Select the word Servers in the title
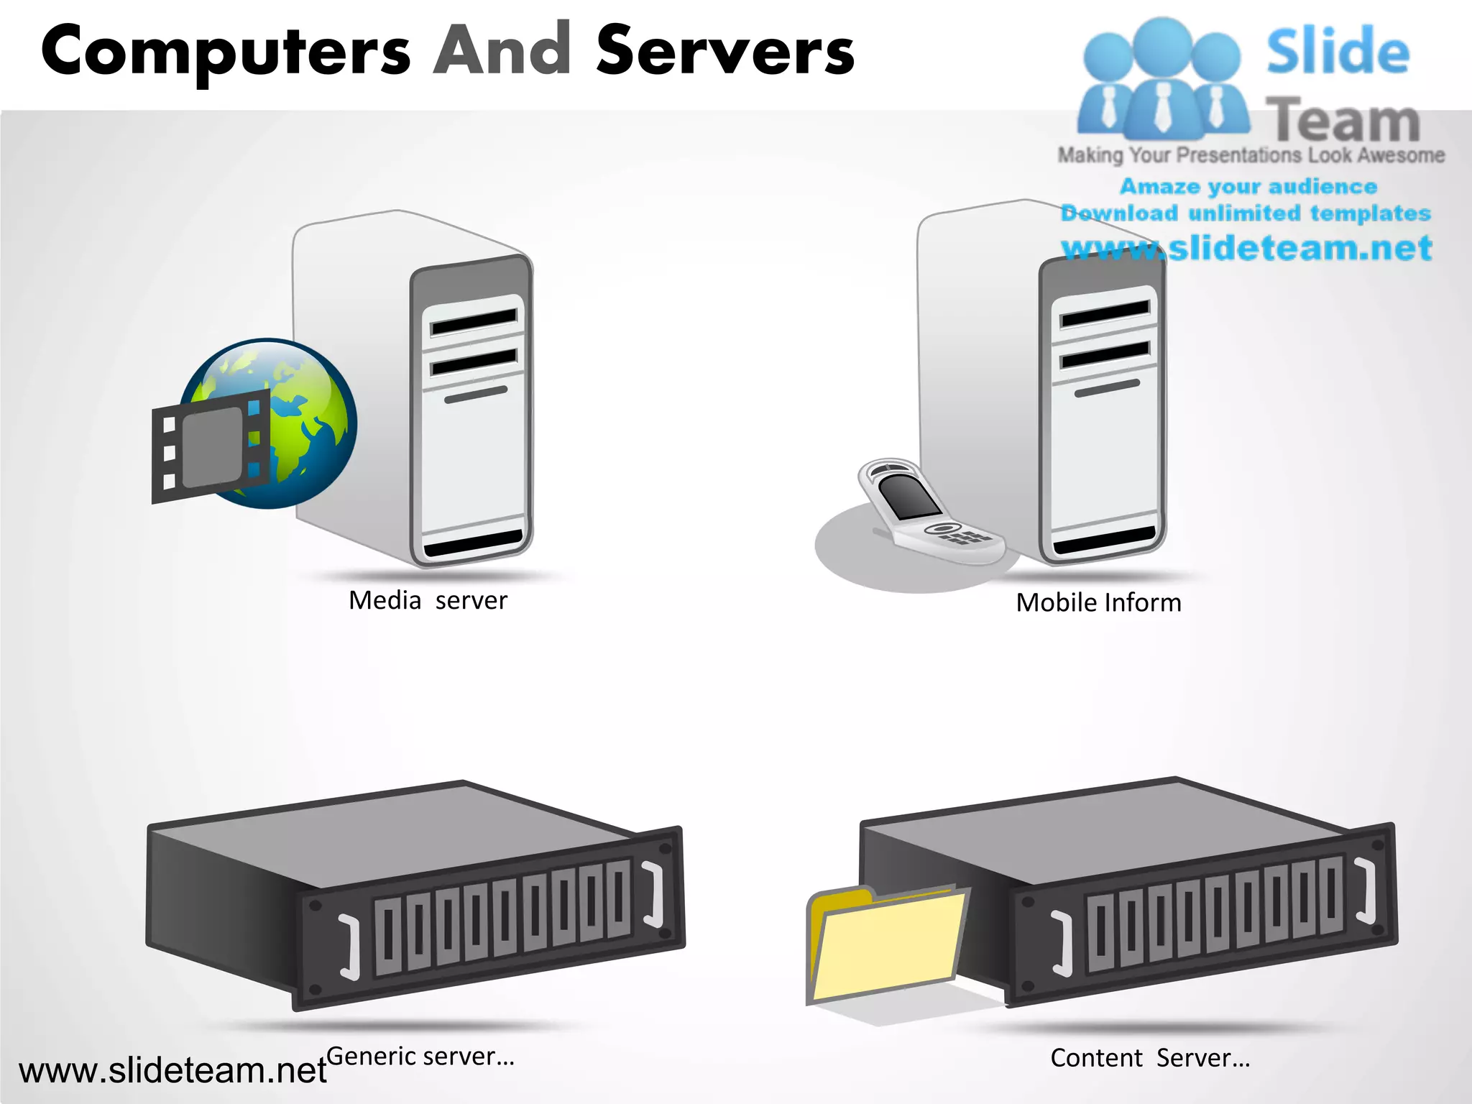point(724,50)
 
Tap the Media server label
point(428,600)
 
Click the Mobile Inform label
point(1098,602)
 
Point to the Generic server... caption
point(420,1056)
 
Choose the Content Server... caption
point(1150,1058)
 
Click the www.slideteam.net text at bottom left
point(172,1071)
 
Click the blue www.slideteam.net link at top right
point(1246,248)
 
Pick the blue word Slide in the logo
point(1337,52)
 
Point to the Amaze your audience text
point(1248,186)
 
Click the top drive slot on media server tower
point(474,323)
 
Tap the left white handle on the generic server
point(350,947)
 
